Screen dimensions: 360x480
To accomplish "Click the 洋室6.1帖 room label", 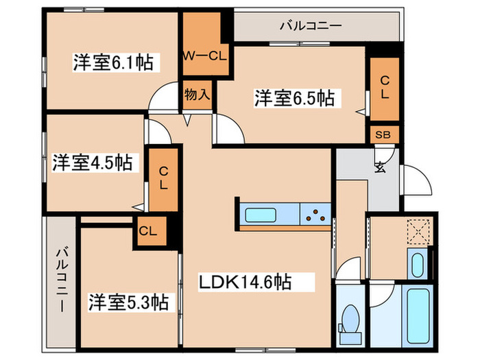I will tap(112, 62).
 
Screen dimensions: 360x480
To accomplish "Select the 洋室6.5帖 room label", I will tap(295, 98).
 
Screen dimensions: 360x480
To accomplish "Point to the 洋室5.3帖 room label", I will tap(128, 301).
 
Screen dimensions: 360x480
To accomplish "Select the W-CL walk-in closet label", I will tap(204, 56).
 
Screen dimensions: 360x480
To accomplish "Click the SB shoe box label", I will tap(383, 134).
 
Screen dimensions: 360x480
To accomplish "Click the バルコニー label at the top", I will tap(310, 27).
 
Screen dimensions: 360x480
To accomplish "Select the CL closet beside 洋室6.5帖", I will tap(384, 87).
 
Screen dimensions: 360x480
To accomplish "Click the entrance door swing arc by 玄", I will tap(417, 180).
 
